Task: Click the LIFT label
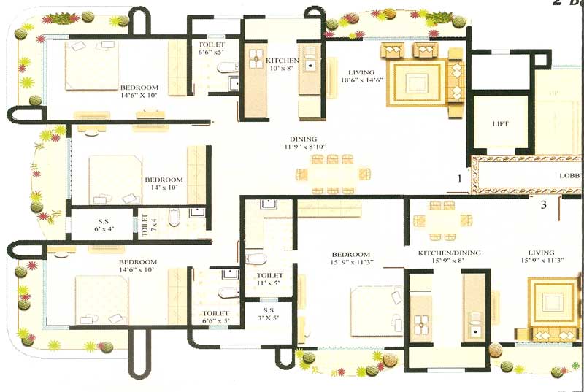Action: (x=500, y=124)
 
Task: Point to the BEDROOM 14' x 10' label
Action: (x=164, y=184)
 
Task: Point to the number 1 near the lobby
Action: (x=460, y=177)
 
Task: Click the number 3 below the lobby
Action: (x=543, y=204)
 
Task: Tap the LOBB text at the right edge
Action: (x=569, y=176)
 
